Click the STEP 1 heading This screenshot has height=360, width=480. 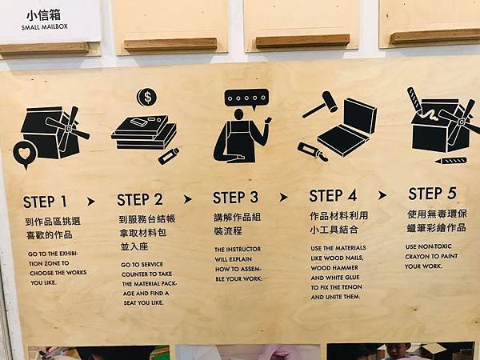tap(45, 202)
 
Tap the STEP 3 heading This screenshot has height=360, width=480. tap(236, 198)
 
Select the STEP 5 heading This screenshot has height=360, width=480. tap(432, 194)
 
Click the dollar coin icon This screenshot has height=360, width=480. tap(147, 98)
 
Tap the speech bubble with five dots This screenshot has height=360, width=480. tap(246, 98)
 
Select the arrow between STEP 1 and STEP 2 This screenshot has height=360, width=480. tap(91, 202)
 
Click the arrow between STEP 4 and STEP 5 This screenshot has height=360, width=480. tap(382, 195)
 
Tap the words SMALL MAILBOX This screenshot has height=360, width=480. tap(44, 27)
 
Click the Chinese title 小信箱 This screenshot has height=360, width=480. tap(43, 15)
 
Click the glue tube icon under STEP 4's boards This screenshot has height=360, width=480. tap(313, 151)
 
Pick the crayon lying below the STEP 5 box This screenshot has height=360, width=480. tap(451, 161)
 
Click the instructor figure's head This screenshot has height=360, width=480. tap(238, 114)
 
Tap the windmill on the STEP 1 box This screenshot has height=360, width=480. tap(68, 129)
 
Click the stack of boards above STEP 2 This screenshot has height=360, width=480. tap(144, 132)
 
